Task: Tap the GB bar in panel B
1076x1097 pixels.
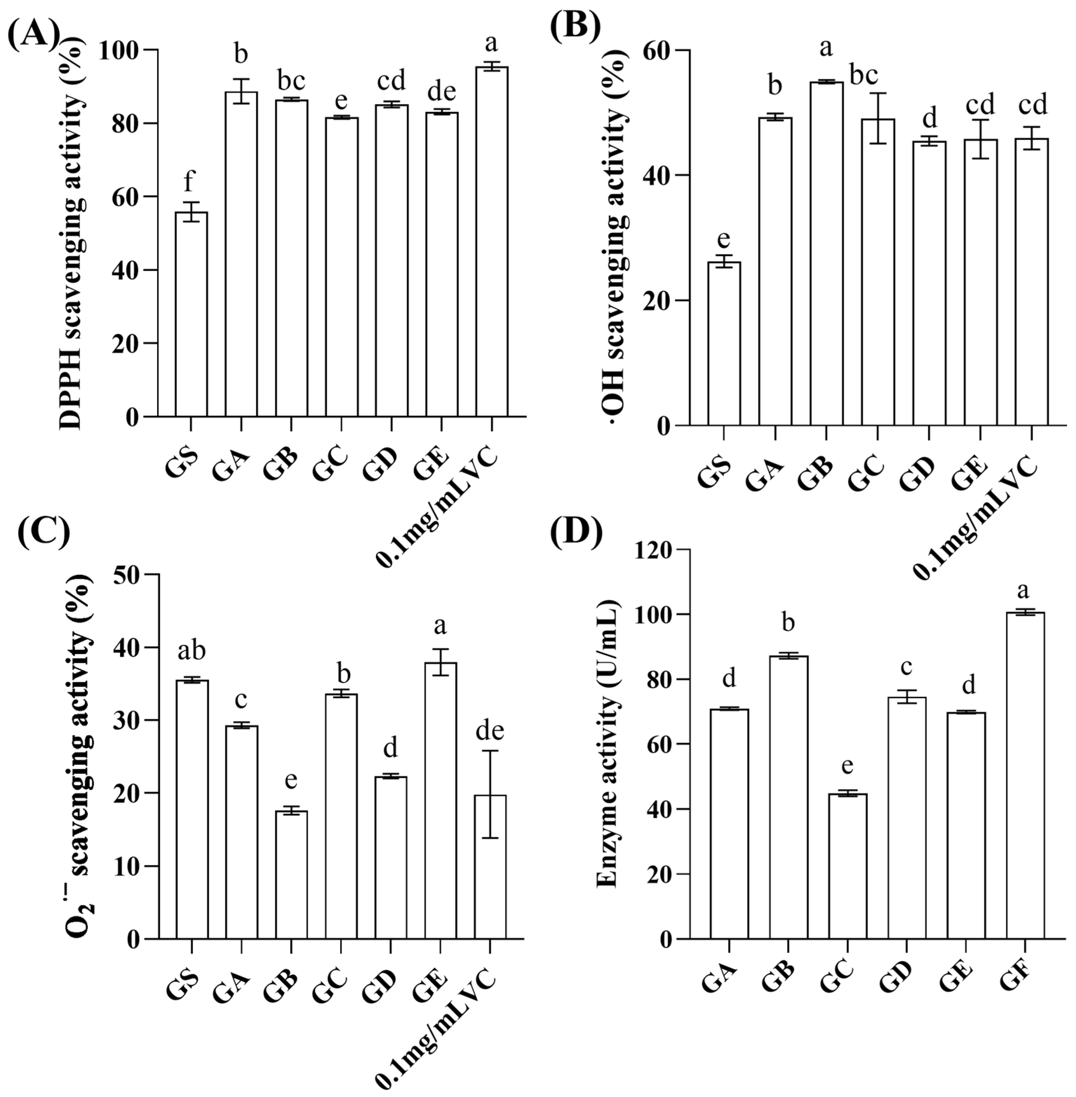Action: point(826,254)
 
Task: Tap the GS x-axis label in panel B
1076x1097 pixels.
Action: point(715,475)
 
